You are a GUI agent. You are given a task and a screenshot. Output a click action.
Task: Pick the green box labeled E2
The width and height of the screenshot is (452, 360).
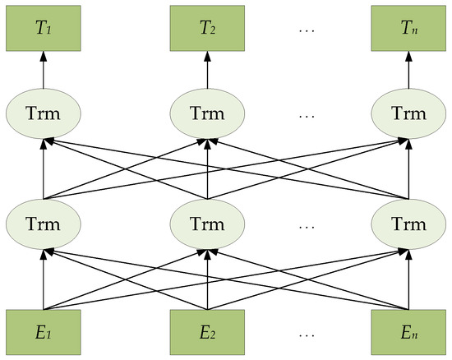(x=205, y=333)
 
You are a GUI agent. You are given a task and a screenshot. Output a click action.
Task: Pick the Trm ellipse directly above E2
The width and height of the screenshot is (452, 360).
(x=205, y=224)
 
